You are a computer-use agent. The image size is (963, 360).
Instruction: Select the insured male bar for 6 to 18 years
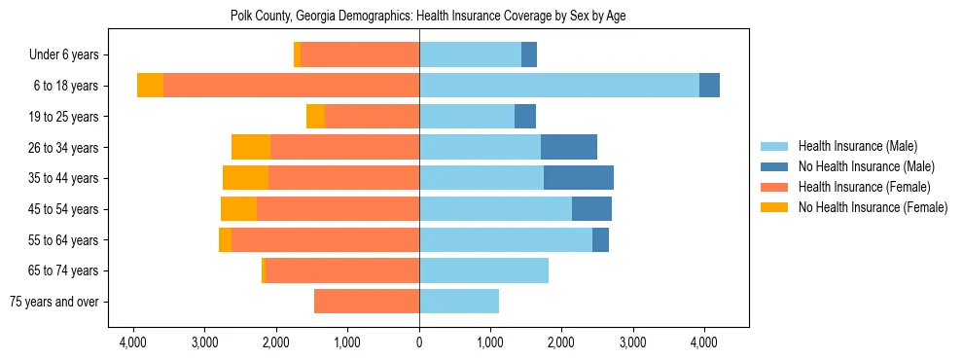(559, 86)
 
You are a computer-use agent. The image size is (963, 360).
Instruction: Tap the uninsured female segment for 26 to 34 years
(251, 147)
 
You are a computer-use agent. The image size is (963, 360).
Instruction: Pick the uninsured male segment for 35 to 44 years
(579, 178)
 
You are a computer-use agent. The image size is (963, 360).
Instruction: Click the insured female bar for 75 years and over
(367, 302)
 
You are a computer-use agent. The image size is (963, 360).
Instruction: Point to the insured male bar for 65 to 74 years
(483, 270)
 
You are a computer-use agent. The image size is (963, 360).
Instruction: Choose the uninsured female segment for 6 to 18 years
(150, 86)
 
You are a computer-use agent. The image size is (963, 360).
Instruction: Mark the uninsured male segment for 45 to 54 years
(591, 209)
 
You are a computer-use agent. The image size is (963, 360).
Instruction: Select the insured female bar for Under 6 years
(360, 54)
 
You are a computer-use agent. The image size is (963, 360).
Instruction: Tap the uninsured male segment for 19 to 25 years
(525, 117)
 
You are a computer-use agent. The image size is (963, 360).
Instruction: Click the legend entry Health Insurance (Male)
(857, 146)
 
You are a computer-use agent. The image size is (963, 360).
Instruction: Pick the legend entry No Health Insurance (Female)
(873, 207)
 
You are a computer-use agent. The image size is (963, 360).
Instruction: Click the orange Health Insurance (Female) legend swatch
(774, 187)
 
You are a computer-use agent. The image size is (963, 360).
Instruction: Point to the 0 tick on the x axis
(419, 342)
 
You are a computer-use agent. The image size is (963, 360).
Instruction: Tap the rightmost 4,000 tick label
(704, 342)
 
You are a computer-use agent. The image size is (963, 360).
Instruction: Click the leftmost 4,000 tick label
(133, 342)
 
